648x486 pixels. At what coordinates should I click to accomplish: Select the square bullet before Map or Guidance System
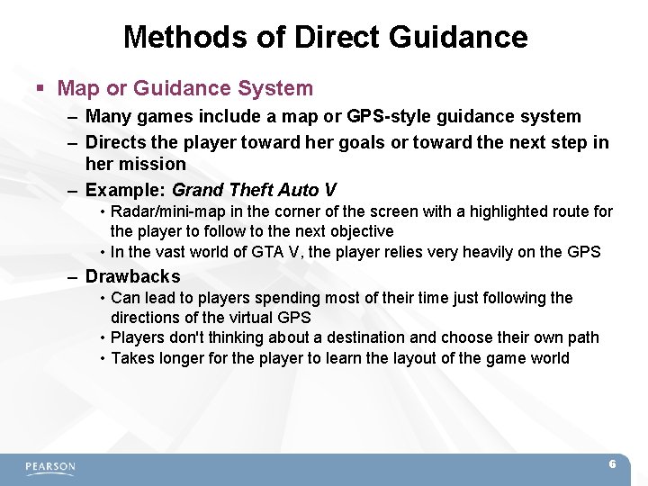(40, 89)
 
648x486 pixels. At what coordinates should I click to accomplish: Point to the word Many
(108, 116)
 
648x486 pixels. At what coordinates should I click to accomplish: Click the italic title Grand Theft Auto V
(254, 190)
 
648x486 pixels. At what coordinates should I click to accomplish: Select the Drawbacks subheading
(132, 276)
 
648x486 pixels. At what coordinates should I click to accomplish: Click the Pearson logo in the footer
(50, 467)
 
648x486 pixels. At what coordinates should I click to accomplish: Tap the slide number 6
(612, 464)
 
